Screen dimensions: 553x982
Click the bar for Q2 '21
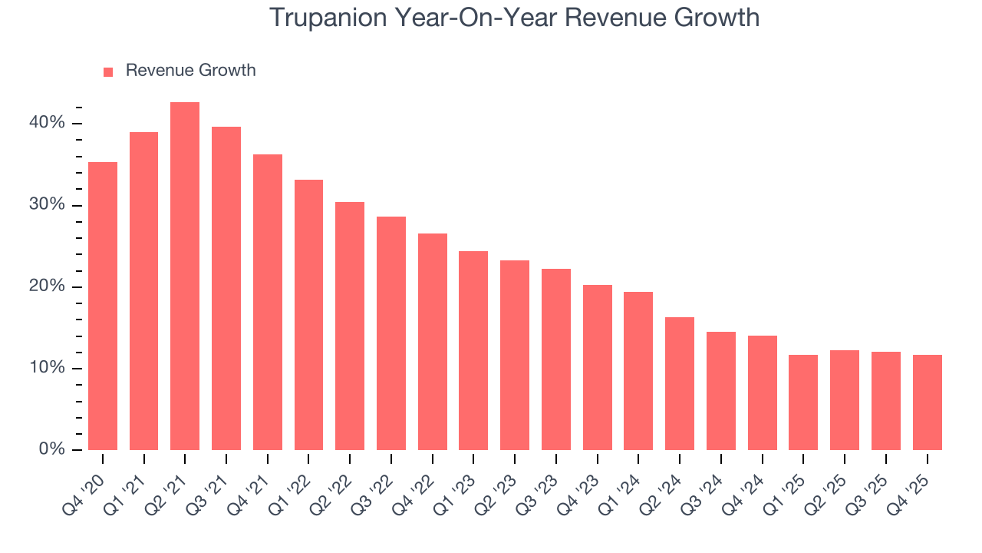[x=185, y=276]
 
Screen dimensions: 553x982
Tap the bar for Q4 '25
[x=927, y=402]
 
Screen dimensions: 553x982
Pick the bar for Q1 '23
[x=473, y=350]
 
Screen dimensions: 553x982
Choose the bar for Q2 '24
[x=680, y=383]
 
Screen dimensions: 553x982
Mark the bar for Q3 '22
[x=391, y=333]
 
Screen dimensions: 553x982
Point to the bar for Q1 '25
[x=803, y=402]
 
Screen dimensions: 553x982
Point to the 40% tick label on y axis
[x=47, y=123]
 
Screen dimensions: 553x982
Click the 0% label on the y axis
[x=51, y=449]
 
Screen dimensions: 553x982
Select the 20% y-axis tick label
[x=47, y=286]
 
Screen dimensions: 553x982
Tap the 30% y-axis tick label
[x=47, y=205]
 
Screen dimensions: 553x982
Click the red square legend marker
[x=108, y=71]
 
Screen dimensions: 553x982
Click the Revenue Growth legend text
[x=190, y=71]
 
